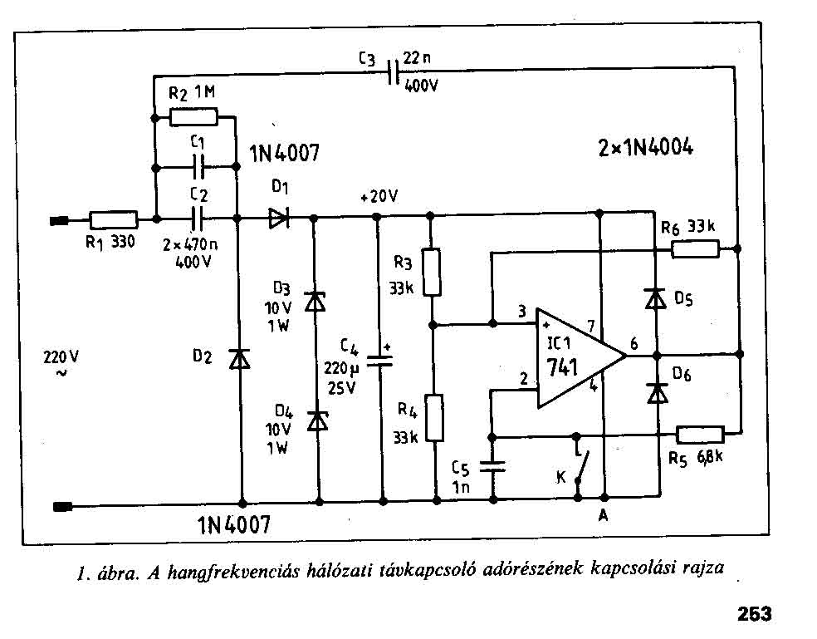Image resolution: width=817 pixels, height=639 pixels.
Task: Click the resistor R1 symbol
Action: pyautogui.click(x=113, y=220)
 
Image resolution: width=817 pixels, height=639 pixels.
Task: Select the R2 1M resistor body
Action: pyautogui.click(x=193, y=117)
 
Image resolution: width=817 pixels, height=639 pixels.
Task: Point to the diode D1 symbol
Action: pyautogui.click(x=277, y=219)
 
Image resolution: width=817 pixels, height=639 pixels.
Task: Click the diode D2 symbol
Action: pyautogui.click(x=240, y=358)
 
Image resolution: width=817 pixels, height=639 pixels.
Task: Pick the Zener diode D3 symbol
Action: pyautogui.click(x=315, y=301)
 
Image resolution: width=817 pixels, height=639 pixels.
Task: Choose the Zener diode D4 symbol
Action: pyautogui.click(x=315, y=420)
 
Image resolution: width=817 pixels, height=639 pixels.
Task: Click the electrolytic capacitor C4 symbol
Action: pyautogui.click(x=382, y=360)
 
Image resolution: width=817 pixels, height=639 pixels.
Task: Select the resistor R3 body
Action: pyautogui.click(x=432, y=271)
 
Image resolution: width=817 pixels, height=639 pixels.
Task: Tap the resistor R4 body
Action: pyautogui.click(x=432, y=420)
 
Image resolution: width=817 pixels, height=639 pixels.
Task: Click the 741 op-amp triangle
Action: pyautogui.click(x=577, y=358)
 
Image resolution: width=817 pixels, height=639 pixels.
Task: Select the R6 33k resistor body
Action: pyautogui.click(x=695, y=248)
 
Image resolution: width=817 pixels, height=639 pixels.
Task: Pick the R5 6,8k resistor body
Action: pyautogui.click(x=701, y=434)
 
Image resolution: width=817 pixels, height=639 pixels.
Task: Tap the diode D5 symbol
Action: pyautogui.click(x=656, y=297)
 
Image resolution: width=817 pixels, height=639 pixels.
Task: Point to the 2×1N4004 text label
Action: pyautogui.click(x=645, y=149)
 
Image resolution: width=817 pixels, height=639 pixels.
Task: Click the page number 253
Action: pyautogui.click(x=754, y=614)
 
